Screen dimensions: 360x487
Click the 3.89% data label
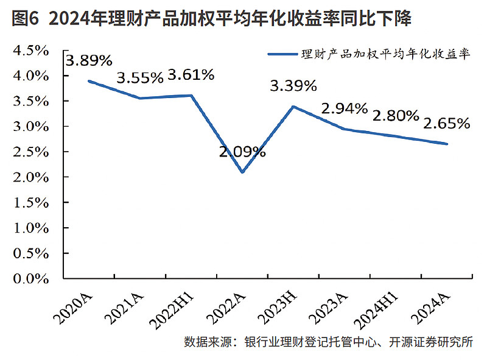tap(89, 60)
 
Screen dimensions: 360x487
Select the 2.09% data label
tap(242, 152)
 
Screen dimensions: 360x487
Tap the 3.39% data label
tap(293, 86)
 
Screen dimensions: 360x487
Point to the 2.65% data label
tap(447, 124)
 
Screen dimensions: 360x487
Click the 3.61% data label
tap(191, 75)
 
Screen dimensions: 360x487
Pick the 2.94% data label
tap(345, 109)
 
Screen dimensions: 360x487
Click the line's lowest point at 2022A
tap(243, 172)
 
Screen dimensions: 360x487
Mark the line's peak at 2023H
tap(294, 107)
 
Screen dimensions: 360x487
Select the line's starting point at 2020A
tap(89, 81)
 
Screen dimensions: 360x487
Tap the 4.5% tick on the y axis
tap(30, 51)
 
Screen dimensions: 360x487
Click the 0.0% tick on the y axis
tap(30, 279)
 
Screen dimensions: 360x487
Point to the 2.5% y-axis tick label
tap(30, 152)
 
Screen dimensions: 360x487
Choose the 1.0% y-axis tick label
tap(30, 228)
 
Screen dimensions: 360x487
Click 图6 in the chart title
tap(25, 19)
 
